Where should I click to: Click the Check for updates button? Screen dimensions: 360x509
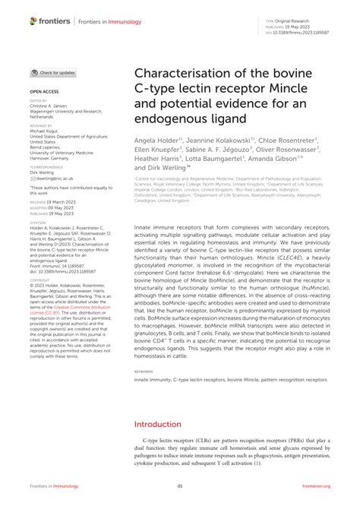click(52, 73)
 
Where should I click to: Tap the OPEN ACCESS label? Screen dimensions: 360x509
click(44, 90)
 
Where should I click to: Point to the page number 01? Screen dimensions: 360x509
click(180, 485)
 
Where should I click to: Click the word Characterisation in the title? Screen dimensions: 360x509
click(182, 74)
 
